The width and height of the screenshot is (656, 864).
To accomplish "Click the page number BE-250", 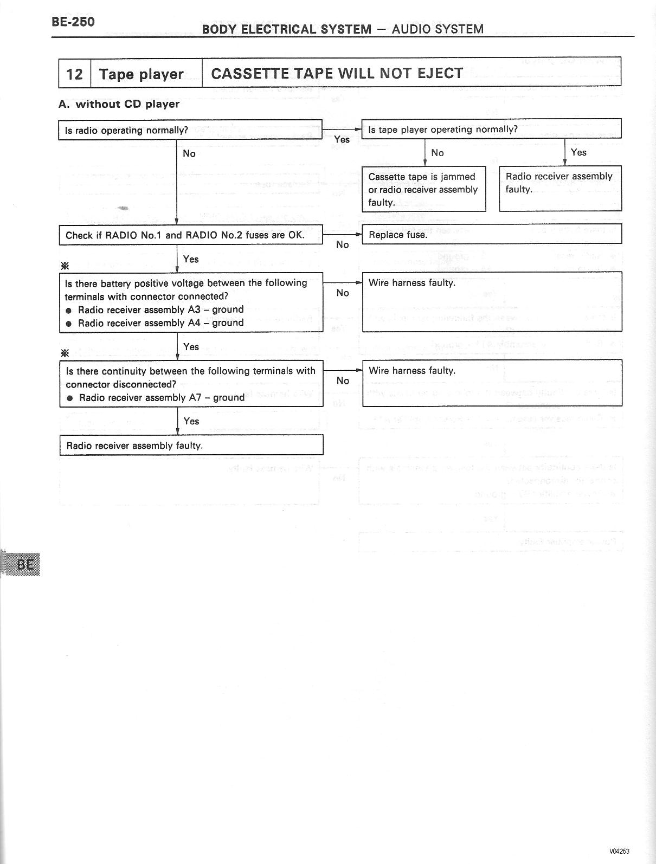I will point(73,22).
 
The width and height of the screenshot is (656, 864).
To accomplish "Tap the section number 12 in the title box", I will point(74,74).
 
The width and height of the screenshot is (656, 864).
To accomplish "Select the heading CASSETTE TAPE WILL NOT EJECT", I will point(337,73).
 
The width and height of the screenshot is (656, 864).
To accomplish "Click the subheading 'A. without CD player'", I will point(119,104).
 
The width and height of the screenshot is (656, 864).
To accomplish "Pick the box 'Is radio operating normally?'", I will point(190,130).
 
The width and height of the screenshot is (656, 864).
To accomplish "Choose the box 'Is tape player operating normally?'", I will point(491,130).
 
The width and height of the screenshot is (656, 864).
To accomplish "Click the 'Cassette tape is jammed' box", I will point(423,189).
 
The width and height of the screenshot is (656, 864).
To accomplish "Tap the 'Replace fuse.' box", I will point(491,235).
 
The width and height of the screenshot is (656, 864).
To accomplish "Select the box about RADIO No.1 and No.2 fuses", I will point(190,235).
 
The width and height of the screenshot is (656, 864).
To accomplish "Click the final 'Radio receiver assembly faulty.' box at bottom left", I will point(191,446).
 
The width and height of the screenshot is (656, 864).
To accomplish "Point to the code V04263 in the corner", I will point(619,851).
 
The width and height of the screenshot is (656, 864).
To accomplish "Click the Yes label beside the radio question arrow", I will point(342,140).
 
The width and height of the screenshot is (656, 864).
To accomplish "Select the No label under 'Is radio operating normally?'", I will point(189,154).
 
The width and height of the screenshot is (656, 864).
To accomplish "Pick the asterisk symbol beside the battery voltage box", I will point(65,266).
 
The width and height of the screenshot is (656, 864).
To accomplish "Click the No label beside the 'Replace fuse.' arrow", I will point(342,245).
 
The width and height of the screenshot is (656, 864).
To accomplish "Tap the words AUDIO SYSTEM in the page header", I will point(437,29).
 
